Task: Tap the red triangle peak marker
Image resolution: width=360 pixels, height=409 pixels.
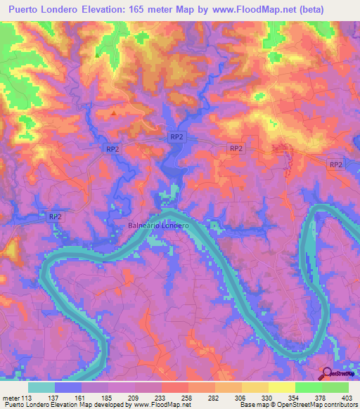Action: [x=115, y=112]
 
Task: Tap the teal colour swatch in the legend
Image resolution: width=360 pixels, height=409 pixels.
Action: [x=41, y=387]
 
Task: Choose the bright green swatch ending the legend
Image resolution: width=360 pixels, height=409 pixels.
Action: [x=335, y=387]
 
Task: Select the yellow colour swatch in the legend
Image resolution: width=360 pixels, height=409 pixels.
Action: [x=282, y=387]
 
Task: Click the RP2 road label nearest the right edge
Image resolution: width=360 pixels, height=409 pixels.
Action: [x=336, y=164]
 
